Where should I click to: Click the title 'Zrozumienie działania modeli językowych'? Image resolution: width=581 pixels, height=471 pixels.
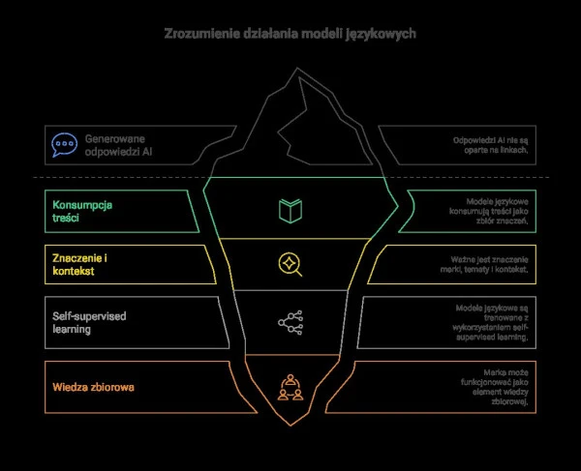click(290, 34)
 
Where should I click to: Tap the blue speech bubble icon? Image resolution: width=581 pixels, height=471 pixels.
click(64, 146)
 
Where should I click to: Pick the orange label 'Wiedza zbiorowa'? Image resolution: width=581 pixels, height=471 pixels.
click(93, 388)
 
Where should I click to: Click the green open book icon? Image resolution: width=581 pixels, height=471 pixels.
click(289, 211)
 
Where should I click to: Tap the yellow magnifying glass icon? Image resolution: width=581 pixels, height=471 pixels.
click(289, 263)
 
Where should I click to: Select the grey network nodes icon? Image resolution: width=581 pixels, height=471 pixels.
click(289, 322)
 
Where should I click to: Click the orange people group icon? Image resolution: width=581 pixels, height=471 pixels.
click(289, 386)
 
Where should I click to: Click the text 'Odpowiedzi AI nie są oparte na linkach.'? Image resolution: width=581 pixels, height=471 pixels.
click(493, 146)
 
